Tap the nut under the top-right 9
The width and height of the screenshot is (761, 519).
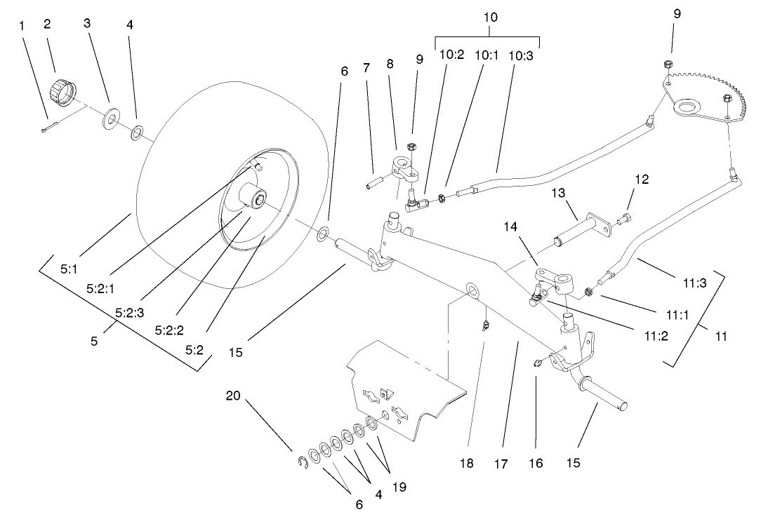(668, 65)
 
